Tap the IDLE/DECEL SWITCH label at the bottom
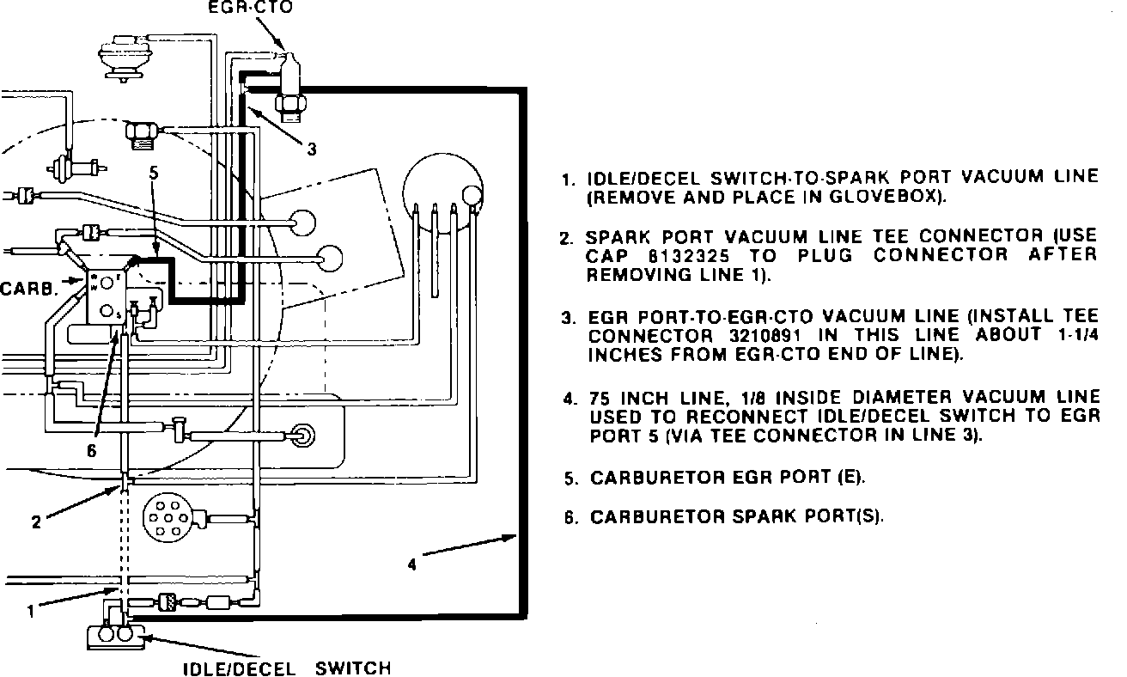(288, 668)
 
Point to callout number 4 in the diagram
(411, 564)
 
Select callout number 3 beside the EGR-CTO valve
(312, 149)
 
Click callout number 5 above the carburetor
(154, 173)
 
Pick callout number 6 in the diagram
(91, 449)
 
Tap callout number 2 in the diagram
(36, 521)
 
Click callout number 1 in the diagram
(31, 612)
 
